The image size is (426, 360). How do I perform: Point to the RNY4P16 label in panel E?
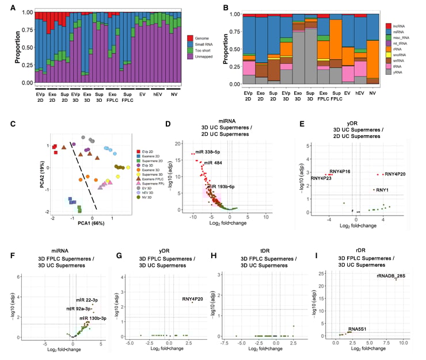[x=340, y=171]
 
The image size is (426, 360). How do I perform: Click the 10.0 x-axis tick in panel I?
[x=403, y=343]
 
